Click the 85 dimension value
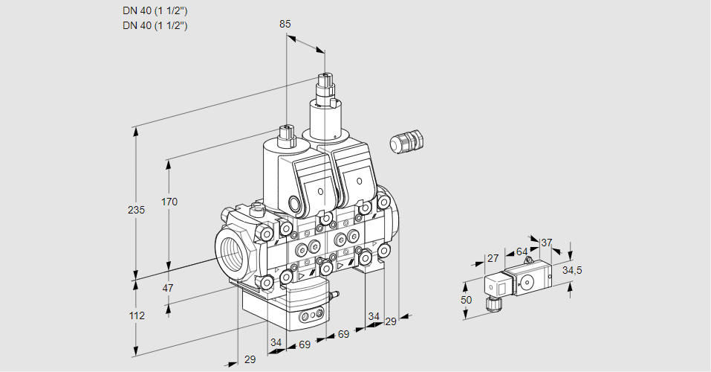tap(285, 24)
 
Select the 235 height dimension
tap(136, 210)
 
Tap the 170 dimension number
tap(169, 202)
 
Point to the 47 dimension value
tap(168, 288)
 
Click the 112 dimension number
tap(136, 315)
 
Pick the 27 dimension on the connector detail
tap(492, 258)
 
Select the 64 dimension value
tap(522, 251)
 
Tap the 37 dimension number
tap(546, 243)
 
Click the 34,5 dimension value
tap(571, 270)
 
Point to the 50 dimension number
tap(466, 299)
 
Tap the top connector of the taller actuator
tap(325, 80)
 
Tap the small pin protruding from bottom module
tap(334, 295)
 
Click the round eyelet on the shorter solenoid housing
tap(294, 204)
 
